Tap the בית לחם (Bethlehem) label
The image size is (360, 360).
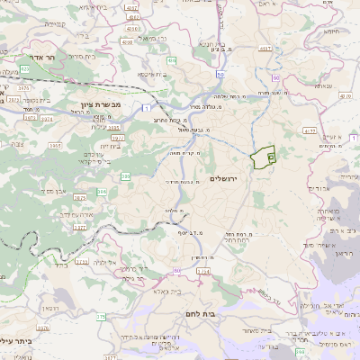(224, 316)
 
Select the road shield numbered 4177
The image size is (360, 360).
(310, 130)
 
